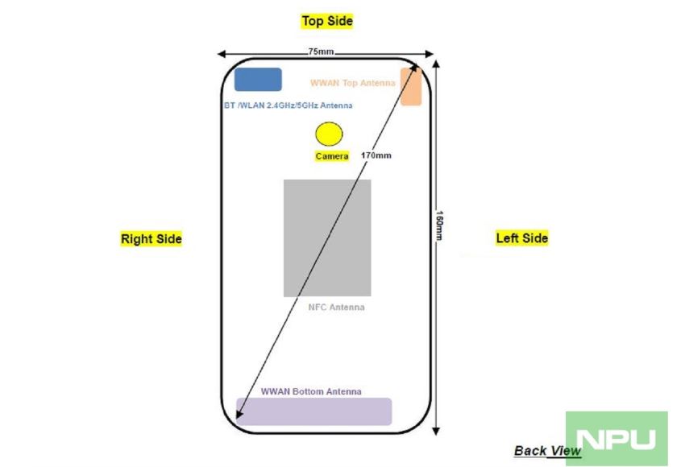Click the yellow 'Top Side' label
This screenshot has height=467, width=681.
[327, 21]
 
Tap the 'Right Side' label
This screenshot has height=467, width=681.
[152, 238]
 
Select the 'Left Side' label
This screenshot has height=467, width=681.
[522, 238]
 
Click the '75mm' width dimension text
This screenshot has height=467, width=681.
[321, 52]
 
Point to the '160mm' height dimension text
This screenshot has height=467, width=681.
[439, 225]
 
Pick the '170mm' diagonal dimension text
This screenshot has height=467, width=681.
[376, 155]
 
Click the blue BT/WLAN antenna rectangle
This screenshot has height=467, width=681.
[258, 80]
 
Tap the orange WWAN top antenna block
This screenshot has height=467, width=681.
[411, 86]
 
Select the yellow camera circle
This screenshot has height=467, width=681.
[329, 134]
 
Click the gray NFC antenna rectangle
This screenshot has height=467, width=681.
[327, 238]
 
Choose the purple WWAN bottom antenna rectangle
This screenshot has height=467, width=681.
[314, 411]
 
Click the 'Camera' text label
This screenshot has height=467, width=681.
[332, 156]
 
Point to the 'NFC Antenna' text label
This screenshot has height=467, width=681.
[337, 308]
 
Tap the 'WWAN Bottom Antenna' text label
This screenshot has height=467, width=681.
[311, 391]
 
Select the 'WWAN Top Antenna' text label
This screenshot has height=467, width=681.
[353, 82]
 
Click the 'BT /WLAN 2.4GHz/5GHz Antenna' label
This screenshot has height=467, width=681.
[289, 105]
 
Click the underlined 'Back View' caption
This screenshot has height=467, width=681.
[547, 451]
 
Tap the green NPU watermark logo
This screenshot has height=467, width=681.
[617, 438]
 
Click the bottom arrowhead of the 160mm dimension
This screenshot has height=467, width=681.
[436, 431]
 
